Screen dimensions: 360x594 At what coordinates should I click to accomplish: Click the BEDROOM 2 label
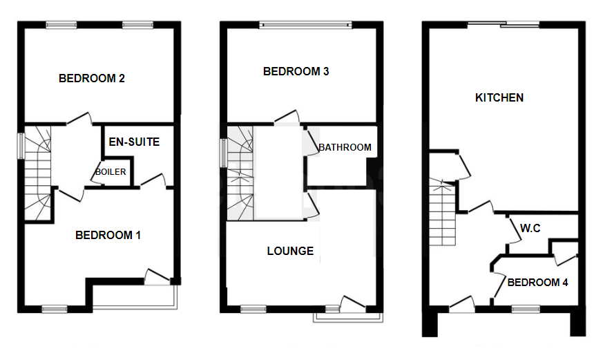91,78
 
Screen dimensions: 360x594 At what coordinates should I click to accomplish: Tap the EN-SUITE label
134,142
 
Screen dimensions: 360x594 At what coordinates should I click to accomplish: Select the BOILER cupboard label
111,172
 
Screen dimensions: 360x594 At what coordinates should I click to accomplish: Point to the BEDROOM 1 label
108,236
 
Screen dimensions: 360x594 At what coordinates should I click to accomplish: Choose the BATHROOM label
345,147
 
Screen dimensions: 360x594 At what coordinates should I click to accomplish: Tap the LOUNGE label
290,251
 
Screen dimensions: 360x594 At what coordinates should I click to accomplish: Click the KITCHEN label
499,97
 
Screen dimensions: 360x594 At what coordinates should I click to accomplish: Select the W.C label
530,227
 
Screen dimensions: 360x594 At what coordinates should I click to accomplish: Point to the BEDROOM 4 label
538,282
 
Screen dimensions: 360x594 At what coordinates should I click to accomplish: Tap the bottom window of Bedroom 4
525,308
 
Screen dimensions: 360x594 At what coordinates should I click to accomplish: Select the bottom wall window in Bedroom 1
54,308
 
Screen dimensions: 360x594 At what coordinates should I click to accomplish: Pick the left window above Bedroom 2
61,26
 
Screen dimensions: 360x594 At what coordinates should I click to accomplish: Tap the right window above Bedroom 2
137,26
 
